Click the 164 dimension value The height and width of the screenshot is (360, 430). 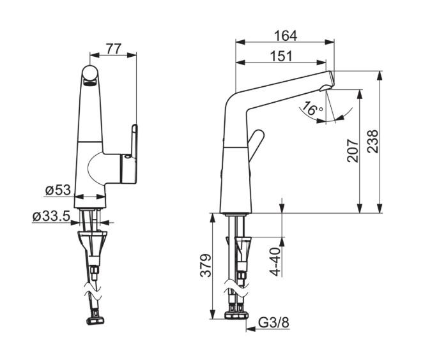tap(286, 36)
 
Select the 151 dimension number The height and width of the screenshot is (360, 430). tap(281, 56)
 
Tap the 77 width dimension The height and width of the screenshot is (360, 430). tap(114, 49)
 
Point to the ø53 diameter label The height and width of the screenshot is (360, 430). tap(58, 190)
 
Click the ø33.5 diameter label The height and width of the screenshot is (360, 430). tap(52, 216)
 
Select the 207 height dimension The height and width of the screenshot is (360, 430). tap(353, 151)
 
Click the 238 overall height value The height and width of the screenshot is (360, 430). tap(372, 141)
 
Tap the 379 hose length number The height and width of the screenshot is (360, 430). tap(206, 266)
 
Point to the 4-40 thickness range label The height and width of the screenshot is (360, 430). tap(275, 262)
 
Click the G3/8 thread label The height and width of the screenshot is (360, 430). tap(274, 323)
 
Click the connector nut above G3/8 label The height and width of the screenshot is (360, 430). tap(236, 315)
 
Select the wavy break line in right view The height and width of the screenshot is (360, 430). tap(236, 289)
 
